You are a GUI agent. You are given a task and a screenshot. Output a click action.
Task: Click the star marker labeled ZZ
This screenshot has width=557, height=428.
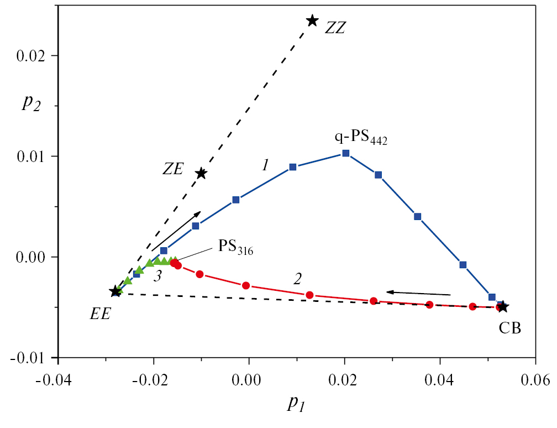(x=312, y=20)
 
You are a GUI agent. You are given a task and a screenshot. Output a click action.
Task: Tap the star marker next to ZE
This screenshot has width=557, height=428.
(x=201, y=173)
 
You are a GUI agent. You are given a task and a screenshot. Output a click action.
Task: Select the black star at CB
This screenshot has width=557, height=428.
(x=502, y=306)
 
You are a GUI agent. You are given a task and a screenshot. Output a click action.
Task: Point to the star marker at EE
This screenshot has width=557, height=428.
(x=115, y=291)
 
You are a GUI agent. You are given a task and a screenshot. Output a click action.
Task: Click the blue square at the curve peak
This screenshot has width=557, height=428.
(x=345, y=153)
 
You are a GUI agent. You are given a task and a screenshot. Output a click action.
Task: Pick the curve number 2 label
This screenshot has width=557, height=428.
(x=298, y=279)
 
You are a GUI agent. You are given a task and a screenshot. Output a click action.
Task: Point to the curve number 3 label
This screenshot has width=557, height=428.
(x=157, y=277)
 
